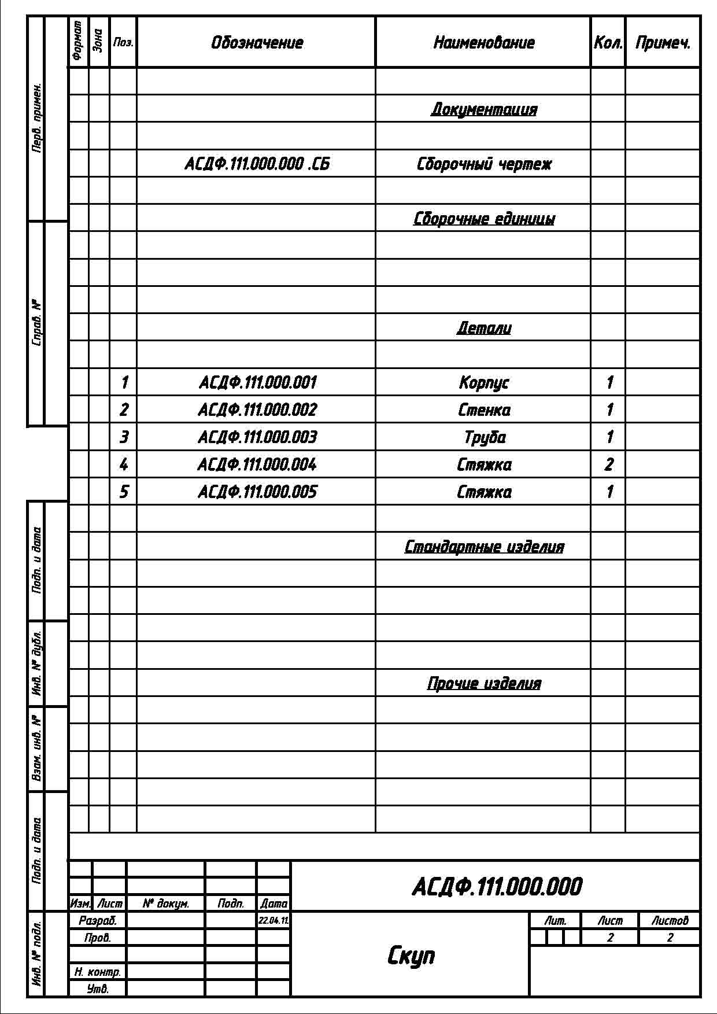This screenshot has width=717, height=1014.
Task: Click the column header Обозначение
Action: [x=257, y=43]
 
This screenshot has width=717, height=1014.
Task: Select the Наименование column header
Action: [x=484, y=43]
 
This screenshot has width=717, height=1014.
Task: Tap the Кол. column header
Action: [x=608, y=43]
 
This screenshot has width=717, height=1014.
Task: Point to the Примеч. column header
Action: [x=663, y=43]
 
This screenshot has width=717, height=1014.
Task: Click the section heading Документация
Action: [x=484, y=109]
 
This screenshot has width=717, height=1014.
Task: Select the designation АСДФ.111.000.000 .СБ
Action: [x=257, y=164]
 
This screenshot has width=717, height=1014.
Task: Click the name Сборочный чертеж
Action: [x=484, y=164]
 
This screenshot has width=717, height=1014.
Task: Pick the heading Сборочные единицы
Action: [x=484, y=219]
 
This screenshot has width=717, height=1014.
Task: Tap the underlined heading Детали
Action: [x=484, y=328]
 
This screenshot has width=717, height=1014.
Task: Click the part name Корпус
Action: [x=484, y=382]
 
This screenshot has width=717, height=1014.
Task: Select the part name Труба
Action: [x=484, y=437]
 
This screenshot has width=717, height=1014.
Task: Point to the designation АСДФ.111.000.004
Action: [x=257, y=464]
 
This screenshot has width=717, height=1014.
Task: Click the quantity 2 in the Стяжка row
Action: [x=608, y=464]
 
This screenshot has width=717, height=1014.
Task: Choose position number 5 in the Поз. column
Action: [x=124, y=492]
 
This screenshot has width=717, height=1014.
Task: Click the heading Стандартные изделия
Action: [x=484, y=547]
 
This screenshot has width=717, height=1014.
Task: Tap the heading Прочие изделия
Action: [x=484, y=684]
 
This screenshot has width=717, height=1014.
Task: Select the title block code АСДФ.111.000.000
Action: [x=497, y=887]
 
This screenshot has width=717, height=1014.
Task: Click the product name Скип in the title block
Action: [x=411, y=956]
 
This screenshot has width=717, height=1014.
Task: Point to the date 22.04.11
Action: [x=274, y=920]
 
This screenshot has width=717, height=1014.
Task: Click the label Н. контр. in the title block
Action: [x=97, y=972]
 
